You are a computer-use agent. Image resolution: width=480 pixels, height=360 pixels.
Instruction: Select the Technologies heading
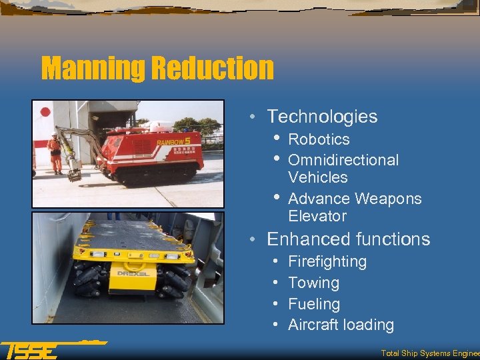(x=322, y=117)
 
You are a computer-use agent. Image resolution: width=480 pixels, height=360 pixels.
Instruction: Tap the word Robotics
(x=319, y=139)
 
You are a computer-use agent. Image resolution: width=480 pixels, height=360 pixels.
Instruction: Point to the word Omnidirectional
(x=343, y=160)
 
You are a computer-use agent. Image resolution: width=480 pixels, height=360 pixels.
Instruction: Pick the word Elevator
(x=317, y=216)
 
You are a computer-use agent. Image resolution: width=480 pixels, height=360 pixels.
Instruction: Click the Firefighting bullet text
(x=327, y=261)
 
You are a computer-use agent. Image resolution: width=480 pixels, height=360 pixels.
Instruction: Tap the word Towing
(x=313, y=283)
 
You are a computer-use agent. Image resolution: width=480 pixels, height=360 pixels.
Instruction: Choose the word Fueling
(x=314, y=304)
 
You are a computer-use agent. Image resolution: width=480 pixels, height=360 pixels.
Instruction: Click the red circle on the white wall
(x=45, y=112)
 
